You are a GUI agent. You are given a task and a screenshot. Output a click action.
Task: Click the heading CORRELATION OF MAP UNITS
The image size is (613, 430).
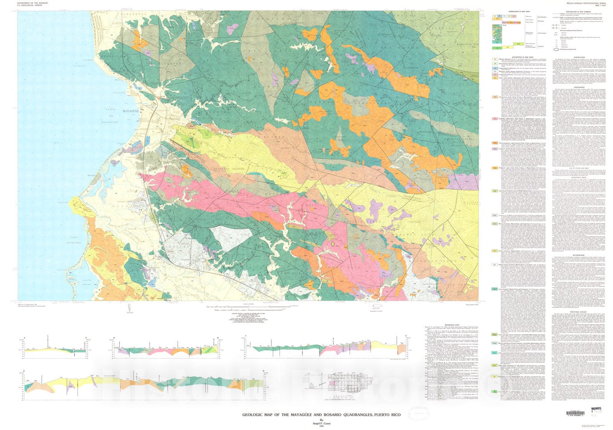519,12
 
